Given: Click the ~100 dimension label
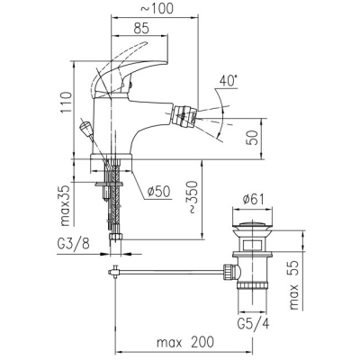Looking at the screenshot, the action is tap(157, 9).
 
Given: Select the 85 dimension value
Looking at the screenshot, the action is tap(141, 28).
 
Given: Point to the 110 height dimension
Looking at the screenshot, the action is tap(67, 103).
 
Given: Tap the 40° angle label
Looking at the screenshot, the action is tap(228, 81).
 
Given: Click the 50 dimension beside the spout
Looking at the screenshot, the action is tap(252, 138).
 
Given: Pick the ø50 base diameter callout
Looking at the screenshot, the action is tap(159, 192).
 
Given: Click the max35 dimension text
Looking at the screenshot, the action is tap(67, 205).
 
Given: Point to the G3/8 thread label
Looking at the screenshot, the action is tap(73, 244).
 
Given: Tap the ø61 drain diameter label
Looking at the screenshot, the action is tap(253, 200).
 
